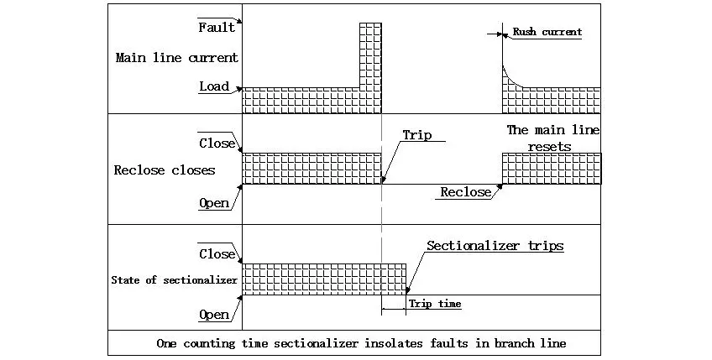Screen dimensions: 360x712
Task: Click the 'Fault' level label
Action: click(216, 28)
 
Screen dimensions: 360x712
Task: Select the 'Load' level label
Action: click(214, 86)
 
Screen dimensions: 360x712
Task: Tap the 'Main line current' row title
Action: click(176, 58)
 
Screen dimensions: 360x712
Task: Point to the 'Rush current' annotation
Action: click(547, 33)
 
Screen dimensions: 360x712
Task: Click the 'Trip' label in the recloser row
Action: click(416, 135)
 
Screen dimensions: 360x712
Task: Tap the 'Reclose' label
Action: click(465, 193)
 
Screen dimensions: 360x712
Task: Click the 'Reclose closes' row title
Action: click(165, 170)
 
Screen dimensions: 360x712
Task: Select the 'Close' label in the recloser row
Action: click(217, 143)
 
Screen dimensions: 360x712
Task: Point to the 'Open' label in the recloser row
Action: click(214, 203)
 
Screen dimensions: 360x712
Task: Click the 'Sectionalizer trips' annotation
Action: click(495, 247)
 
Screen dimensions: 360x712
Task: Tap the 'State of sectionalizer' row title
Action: click(175, 280)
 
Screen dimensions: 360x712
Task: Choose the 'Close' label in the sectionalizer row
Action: click(217, 253)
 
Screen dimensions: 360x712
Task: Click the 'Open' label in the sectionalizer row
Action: click(214, 315)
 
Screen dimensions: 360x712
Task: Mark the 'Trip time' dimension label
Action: click(434, 304)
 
